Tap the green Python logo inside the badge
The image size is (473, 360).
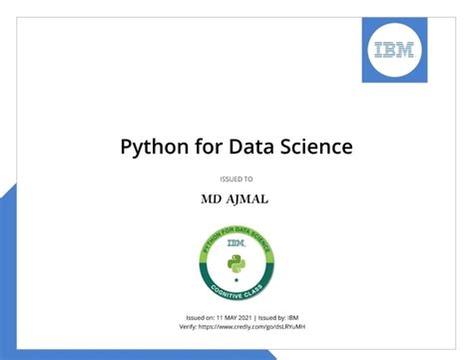[236, 262]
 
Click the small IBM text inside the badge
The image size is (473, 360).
[236, 242]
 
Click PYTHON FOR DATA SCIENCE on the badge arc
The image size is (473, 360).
[236, 230]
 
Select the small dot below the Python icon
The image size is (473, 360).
[236, 280]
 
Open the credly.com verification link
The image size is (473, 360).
[249, 326]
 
